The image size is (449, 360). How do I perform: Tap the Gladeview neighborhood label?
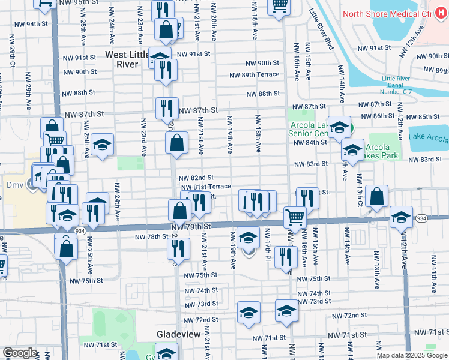[178, 333]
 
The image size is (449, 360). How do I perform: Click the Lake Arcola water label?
[429, 138]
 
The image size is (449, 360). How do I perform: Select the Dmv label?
[13, 185]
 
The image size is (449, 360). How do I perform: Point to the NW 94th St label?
[37, 24]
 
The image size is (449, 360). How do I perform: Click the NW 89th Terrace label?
[254, 74]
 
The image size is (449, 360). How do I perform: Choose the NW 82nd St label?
[196, 178]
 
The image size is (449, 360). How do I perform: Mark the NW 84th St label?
[309, 142]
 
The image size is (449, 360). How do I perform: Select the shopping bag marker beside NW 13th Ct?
[376, 197]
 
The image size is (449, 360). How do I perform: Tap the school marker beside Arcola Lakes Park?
[352, 149]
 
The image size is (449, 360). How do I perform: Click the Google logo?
[20, 353]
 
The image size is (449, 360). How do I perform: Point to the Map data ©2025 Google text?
[411, 355]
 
